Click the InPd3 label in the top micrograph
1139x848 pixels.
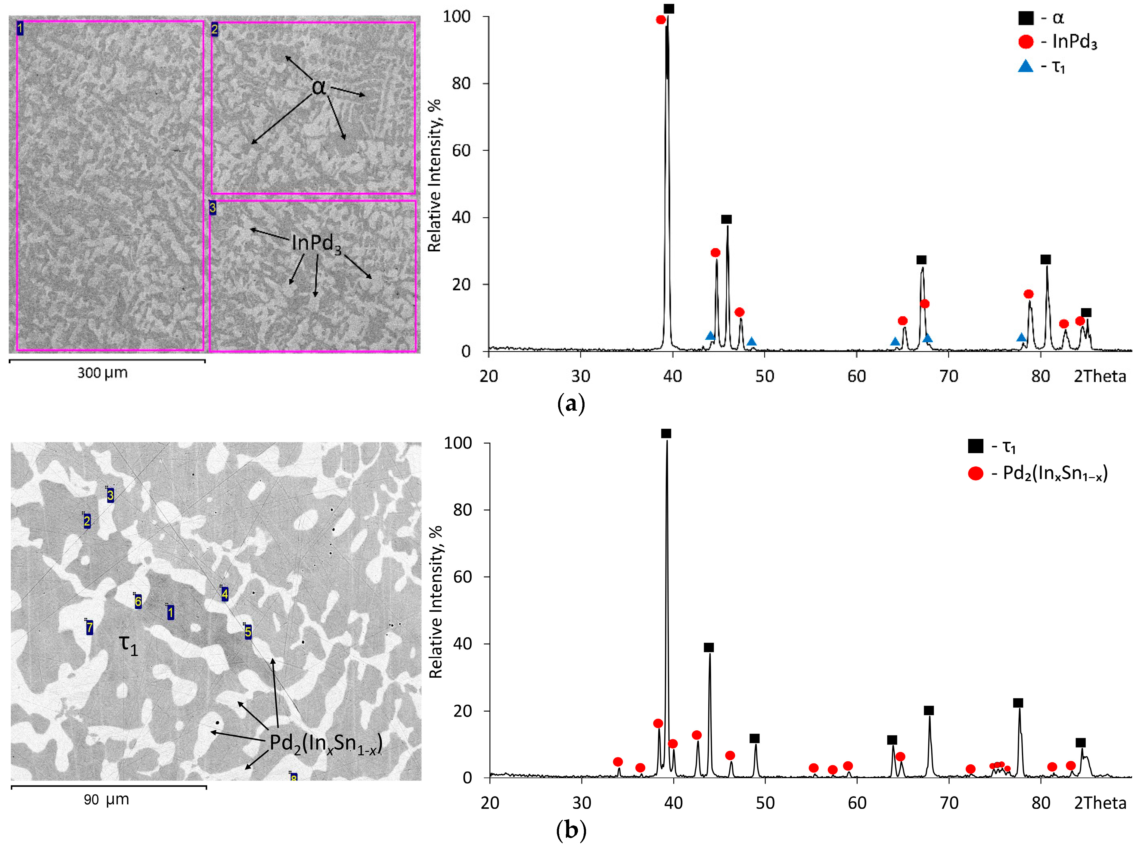point(316,243)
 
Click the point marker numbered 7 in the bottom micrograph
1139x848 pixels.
point(89,627)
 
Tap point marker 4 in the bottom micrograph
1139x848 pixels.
point(224,594)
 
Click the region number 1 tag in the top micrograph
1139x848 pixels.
point(20,28)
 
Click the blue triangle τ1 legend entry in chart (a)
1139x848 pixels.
point(1042,66)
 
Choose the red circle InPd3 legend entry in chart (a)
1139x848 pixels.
point(1057,41)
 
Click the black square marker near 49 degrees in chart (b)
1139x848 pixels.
point(754,738)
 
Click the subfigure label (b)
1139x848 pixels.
point(570,830)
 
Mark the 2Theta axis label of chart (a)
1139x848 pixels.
point(1100,376)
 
